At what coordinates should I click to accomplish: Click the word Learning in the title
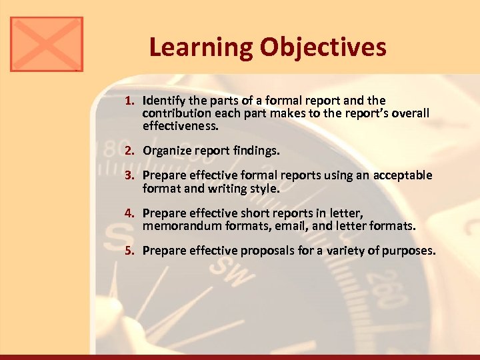[201, 47]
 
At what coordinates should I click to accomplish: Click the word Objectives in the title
[324, 47]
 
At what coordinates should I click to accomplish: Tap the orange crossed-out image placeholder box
[47, 44]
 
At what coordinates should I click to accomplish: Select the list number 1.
[130, 101]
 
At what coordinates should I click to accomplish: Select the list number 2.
[130, 151]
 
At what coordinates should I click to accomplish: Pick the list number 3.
[130, 176]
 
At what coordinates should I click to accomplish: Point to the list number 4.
[130, 214]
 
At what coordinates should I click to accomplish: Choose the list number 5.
[130, 251]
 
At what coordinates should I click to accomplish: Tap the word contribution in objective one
[175, 113]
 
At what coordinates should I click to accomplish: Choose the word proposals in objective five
[254, 251]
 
